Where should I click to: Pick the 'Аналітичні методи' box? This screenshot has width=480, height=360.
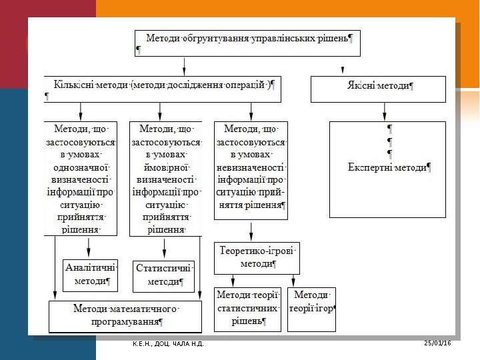[x=91, y=275]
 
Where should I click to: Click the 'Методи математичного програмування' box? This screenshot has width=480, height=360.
[x=125, y=316]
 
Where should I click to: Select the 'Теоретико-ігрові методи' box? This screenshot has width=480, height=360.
[x=257, y=258]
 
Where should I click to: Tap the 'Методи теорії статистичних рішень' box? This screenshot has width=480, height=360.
[x=249, y=309]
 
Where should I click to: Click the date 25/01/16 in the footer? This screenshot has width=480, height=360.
[x=437, y=343]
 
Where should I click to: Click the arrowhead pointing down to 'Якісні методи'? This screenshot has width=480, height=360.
[x=343, y=70]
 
